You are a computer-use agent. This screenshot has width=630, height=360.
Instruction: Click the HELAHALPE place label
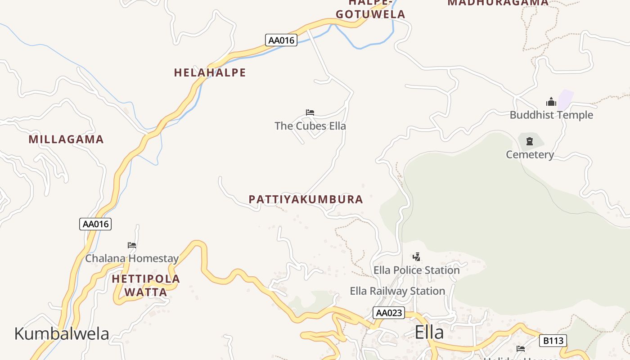coord(210,72)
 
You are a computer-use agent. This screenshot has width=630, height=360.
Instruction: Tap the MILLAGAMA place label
coord(66,139)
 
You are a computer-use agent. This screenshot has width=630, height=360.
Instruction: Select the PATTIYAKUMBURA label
coord(306,199)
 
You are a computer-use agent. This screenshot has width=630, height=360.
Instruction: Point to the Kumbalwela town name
coord(62,333)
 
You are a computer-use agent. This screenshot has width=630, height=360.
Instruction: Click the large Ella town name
coord(429,332)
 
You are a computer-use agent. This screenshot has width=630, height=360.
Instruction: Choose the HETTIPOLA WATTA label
coord(146,285)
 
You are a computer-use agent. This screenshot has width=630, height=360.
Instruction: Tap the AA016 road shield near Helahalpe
coord(281,40)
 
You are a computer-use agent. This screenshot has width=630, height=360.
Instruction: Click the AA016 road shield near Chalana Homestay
coord(95,224)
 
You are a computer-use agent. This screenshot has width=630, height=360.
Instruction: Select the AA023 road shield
coord(389,313)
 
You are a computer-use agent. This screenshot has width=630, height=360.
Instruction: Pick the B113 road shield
coord(553,341)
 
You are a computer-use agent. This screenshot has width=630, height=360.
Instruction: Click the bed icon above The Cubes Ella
coord(310,112)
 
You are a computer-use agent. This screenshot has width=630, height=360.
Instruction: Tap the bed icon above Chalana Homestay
coord(132,245)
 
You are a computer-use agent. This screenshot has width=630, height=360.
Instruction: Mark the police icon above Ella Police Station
coord(417,257)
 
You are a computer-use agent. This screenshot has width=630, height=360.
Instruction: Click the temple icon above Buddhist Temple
coord(551,102)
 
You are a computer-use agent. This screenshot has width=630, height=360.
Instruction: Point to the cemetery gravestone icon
coord(530,141)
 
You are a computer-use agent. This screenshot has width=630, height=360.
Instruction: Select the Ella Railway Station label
coord(397,291)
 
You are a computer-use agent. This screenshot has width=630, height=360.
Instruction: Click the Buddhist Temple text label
coord(551,115)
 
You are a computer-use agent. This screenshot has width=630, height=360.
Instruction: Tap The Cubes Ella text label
coord(310,126)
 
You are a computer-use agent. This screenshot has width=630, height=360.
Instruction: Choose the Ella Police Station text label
coord(417,270)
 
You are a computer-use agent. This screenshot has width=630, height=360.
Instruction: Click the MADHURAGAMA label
coord(498,3)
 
